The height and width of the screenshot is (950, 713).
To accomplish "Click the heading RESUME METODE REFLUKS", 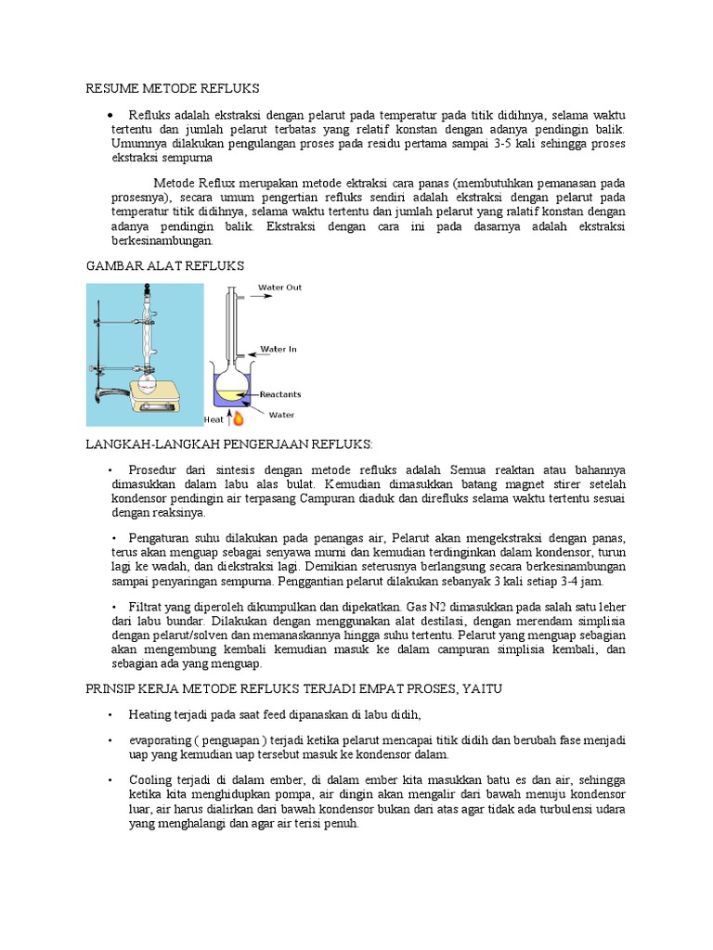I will tap(173, 88).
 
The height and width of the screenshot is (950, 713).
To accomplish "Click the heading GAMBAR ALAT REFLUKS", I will tap(164, 266).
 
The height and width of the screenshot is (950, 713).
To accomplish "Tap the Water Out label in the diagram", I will tap(279, 288).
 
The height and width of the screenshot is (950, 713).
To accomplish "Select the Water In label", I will tap(278, 350).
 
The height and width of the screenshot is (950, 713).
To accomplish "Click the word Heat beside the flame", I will tap(214, 420).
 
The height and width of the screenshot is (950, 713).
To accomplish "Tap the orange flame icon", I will tap(238, 418).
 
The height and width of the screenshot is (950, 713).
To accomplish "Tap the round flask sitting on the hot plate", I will tap(149, 371).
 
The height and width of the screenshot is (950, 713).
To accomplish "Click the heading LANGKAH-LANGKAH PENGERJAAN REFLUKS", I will tap(228, 444).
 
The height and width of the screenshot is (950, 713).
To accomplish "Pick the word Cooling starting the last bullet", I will tap(150, 781).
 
